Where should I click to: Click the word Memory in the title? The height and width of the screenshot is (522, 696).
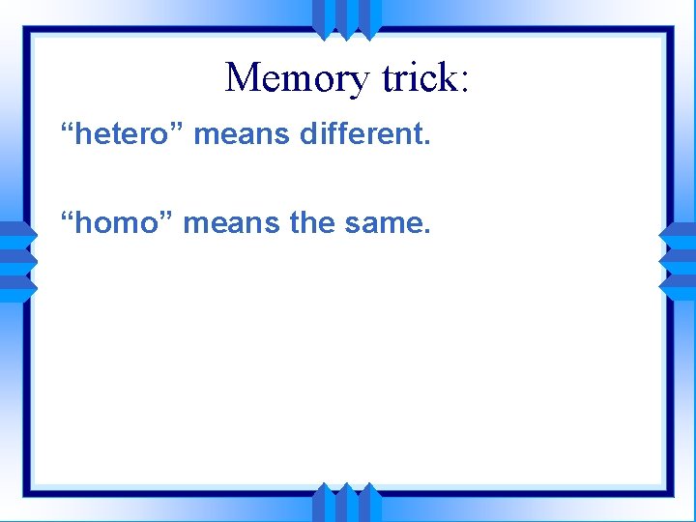(x=297, y=78)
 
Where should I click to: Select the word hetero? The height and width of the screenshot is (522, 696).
(x=124, y=134)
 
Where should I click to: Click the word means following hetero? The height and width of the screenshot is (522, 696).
(x=243, y=134)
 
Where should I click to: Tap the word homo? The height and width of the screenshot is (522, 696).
(x=118, y=223)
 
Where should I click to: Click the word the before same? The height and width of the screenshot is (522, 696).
(x=312, y=223)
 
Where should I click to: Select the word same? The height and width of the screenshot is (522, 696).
(x=383, y=223)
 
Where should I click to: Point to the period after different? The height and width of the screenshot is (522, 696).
(x=426, y=143)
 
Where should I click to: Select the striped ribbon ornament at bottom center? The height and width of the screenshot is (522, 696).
(x=347, y=502)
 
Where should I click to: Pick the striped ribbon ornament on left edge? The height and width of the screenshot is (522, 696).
(x=18, y=261)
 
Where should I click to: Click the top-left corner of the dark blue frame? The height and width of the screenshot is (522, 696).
(x=27, y=30)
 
